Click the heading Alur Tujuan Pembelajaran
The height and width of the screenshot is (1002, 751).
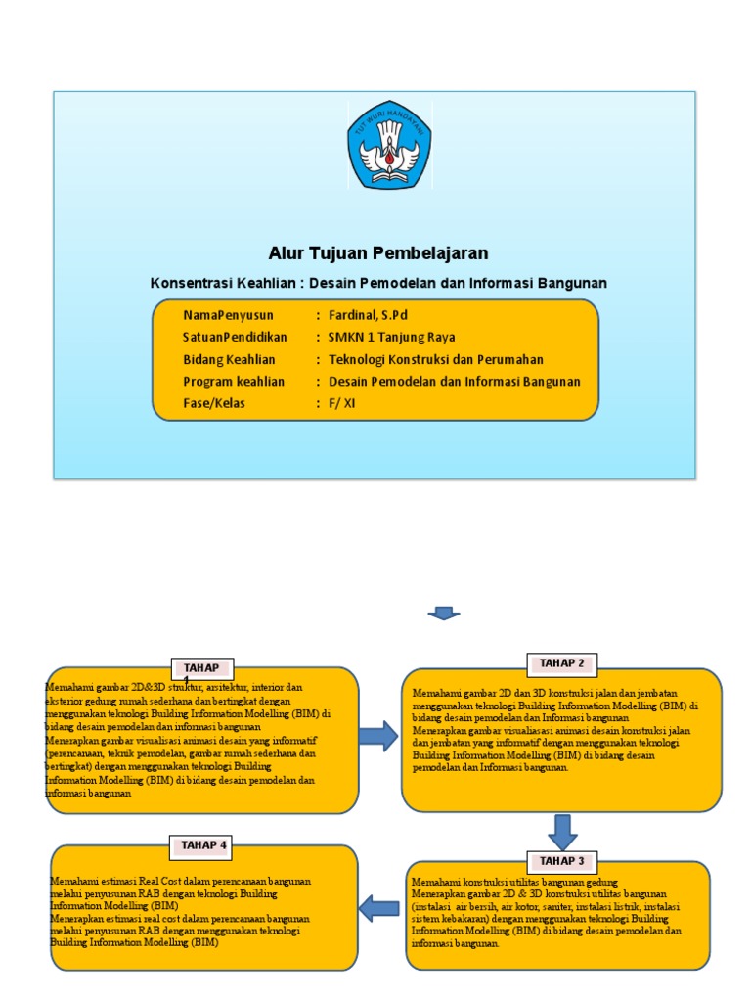pos(377,253)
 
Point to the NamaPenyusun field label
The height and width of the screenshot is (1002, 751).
pos(228,315)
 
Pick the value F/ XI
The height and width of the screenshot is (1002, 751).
pos(342,402)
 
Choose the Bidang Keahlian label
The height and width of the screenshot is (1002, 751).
pos(229,359)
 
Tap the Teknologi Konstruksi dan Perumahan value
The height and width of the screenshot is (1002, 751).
pos(436,359)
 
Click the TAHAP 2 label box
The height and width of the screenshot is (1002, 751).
pos(561,663)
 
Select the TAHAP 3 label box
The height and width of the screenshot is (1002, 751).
pos(560,861)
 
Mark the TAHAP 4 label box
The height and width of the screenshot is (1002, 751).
pos(203,844)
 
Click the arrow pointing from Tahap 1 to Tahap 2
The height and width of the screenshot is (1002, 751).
pos(377,737)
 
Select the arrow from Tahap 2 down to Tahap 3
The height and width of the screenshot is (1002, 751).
pos(562,831)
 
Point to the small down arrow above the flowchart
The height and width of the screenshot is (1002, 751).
pos(443,614)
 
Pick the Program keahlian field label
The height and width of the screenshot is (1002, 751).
pos(234,381)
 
